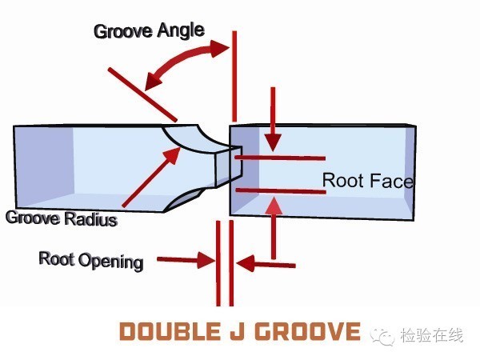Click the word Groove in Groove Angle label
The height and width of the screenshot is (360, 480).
tap(121, 32)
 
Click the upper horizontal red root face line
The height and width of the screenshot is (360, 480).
tap(280, 158)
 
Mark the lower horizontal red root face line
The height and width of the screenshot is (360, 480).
tap(280, 190)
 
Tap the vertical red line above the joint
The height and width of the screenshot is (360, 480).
tap(234, 76)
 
